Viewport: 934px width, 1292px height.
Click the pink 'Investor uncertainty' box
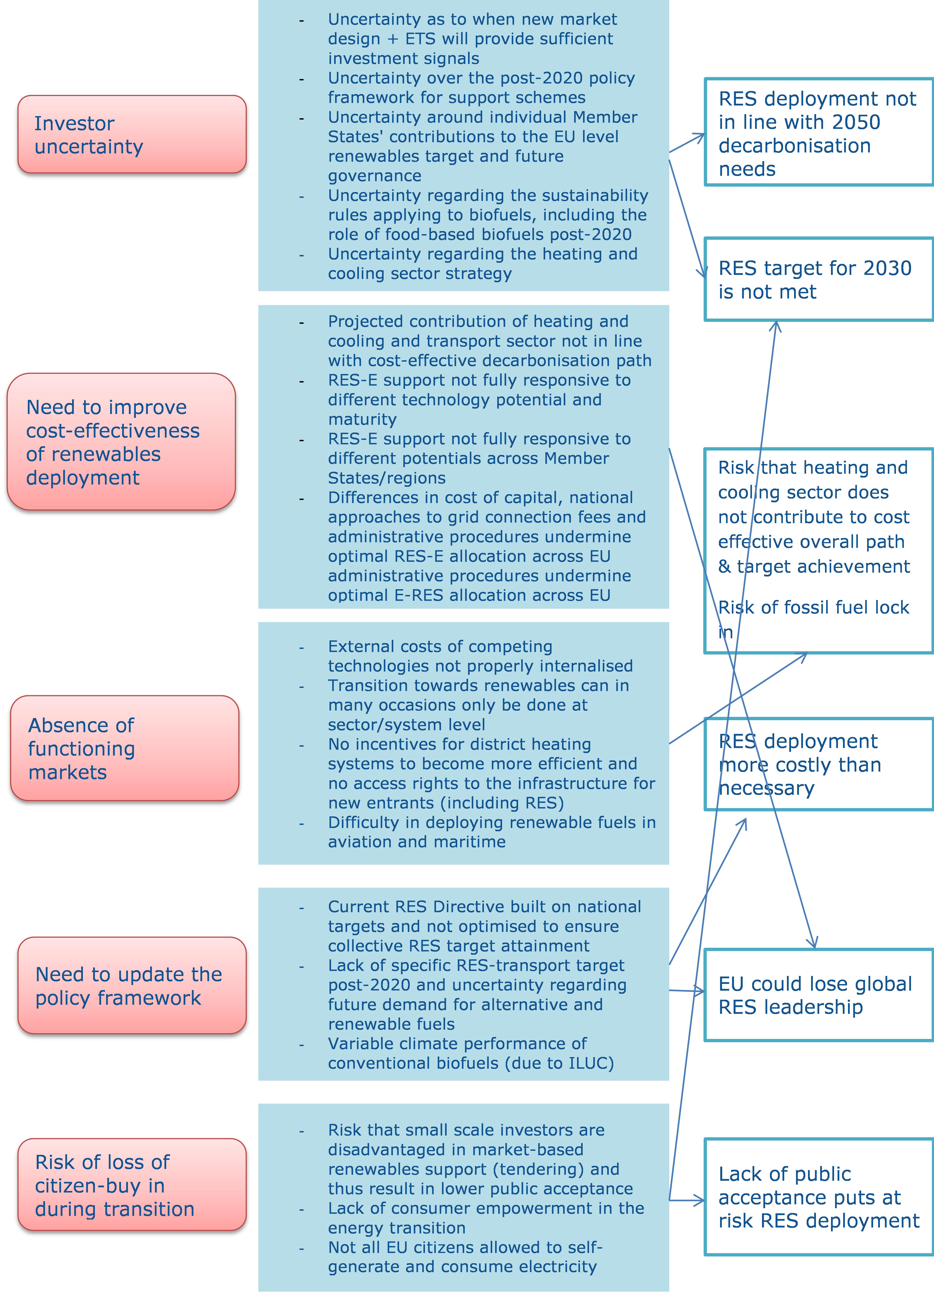132,134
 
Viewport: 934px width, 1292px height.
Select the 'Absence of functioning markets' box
124,748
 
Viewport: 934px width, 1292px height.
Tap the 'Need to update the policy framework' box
132,986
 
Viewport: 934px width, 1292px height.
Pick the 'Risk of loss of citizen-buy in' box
132,1185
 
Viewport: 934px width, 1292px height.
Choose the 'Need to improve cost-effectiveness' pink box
121,441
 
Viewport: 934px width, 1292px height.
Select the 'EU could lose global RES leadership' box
819,995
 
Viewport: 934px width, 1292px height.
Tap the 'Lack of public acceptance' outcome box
819,1197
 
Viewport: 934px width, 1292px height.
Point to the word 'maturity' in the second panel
362,419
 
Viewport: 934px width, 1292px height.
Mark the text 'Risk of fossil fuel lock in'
813,619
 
